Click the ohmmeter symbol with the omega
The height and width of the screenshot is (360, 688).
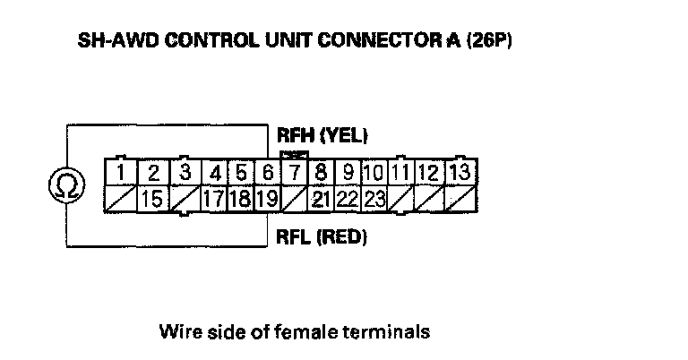pos(65,187)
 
